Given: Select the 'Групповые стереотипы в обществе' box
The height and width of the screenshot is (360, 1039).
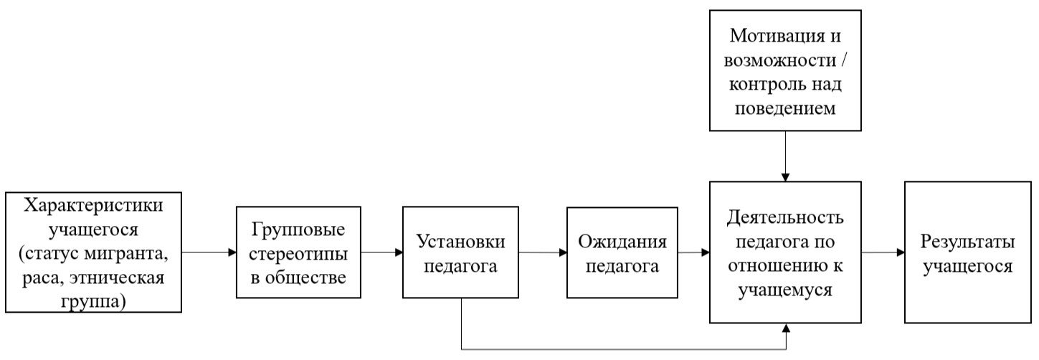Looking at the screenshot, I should pos(298,252).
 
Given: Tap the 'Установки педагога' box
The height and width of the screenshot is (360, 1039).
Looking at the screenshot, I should pos(460,252).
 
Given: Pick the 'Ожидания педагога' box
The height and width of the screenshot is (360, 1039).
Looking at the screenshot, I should pos(622,252).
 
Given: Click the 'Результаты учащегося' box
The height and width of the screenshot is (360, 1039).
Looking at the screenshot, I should pos(967,252).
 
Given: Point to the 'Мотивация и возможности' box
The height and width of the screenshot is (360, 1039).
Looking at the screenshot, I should pos(785,70).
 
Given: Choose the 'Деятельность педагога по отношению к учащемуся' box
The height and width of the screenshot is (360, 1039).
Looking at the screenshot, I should pos(785,252).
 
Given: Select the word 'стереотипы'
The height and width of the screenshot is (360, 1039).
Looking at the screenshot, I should pos(298,252).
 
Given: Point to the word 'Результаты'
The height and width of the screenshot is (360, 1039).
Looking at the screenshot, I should pos(967,241).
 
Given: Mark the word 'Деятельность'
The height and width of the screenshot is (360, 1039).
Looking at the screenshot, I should pos(785,217).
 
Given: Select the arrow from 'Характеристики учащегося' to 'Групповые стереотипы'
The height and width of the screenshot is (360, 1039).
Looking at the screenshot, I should pos(209,252).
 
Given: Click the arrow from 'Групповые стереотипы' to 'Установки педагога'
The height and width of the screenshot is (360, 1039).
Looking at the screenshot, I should pos(381,252).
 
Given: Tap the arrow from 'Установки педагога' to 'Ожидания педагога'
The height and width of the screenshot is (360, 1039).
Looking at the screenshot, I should pos(542,252).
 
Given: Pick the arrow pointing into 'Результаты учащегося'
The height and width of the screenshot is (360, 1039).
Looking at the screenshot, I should pos(883,252).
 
